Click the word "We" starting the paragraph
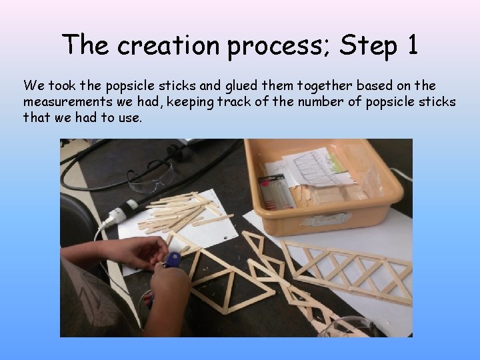[31, 86]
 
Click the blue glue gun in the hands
[171, 262]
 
